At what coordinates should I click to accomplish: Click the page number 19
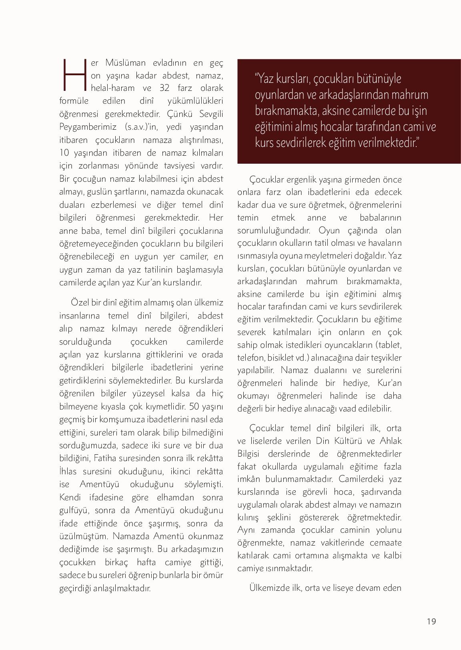431,621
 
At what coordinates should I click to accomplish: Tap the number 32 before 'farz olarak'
164,88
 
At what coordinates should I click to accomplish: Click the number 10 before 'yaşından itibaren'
64,153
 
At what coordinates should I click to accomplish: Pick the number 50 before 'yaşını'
194,407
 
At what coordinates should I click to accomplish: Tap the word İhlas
68,471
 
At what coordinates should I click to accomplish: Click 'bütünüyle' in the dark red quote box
379,79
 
